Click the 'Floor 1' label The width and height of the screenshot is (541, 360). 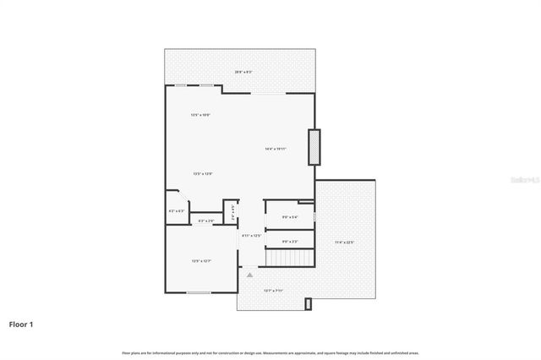point(21,324)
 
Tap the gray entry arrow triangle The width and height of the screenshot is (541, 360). point(249,274)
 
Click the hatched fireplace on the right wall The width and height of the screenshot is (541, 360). point(314,146)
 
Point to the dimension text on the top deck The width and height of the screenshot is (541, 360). point(243,72)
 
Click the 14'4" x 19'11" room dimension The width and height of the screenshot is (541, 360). point(276,149)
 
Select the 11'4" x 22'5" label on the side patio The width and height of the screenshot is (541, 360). point(344,243)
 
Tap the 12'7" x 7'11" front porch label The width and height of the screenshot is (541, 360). point(273,291)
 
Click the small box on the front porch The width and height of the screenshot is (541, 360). point(309,303)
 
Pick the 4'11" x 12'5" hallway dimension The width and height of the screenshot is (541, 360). point(252,236)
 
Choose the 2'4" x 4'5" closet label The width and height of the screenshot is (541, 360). point(228,207)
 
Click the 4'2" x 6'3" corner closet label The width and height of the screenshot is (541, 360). point(176,210)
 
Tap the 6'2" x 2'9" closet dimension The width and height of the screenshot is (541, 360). point(205,221)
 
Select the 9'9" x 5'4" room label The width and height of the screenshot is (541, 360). point(289,217)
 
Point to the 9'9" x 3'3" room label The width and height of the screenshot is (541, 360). point(289,243)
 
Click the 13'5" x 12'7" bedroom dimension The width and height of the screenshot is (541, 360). point(200,261)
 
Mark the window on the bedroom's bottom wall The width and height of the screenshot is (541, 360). point(199,292)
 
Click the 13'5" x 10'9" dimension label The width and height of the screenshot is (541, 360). point(200,114)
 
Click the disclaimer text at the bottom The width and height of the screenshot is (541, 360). point(270,352)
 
